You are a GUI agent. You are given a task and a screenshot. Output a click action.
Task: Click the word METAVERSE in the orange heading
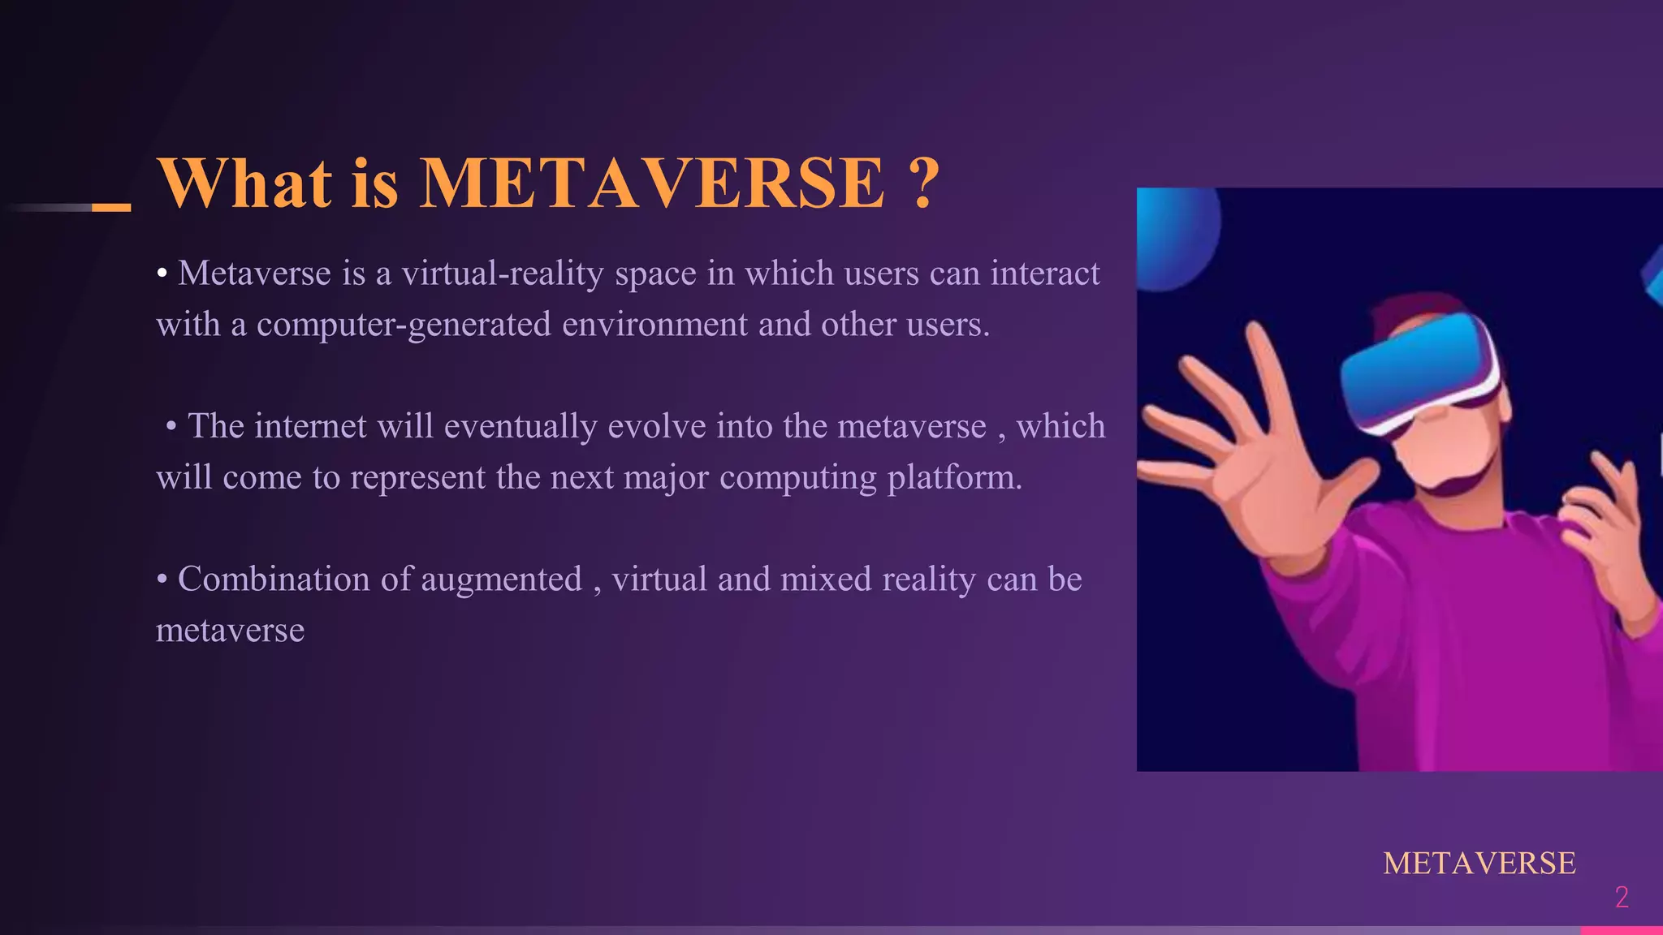[x=652, y=183]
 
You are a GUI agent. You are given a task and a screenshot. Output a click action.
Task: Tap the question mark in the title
[x=924, y=183]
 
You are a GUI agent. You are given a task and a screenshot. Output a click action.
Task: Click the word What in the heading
[x=244, y=183]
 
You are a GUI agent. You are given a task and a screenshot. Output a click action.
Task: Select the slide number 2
[x=1622, y=897]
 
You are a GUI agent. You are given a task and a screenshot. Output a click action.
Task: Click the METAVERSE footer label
[x=1479, y=863]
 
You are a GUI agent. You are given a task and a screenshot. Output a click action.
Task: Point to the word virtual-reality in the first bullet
[x=503, y=274]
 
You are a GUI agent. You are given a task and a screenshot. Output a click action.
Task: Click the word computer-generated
[x=404, y=325]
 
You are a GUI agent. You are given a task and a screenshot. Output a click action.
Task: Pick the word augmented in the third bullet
[x=501, y=580]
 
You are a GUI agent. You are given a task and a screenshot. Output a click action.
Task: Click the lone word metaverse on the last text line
[x=230, y=631]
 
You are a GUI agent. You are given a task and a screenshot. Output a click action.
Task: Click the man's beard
[x=1454, y=479]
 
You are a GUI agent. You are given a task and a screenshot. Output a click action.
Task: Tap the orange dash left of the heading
[x=111, y=208]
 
